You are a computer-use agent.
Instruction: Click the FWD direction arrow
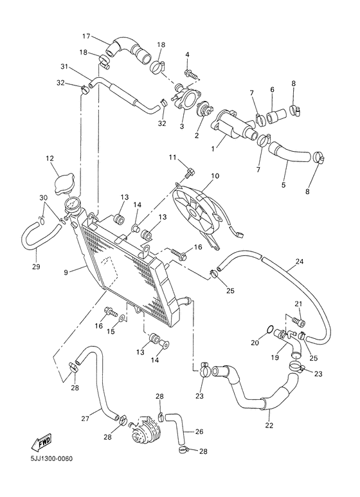point(40,442)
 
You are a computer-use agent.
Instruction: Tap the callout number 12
point(50,158)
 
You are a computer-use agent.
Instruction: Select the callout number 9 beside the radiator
point(66,271)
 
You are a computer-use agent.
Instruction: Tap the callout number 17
point(86,35)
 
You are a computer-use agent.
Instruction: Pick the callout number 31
point(64,66)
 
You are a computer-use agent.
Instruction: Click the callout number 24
point(299,261)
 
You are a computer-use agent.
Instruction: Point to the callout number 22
point(269,425)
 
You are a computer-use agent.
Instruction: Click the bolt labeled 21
point(296,319)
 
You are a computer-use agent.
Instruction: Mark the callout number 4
point(188,55)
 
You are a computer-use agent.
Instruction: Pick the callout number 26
point(200,431)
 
